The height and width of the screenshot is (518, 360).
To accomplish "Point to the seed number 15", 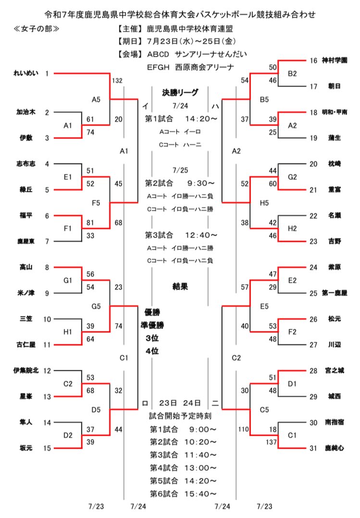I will tap(47, 448).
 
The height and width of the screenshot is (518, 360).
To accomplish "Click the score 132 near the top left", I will tap(117, 80).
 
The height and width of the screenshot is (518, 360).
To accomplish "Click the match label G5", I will tap(96, 306).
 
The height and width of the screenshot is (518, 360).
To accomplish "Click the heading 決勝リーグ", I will tap(180, 91).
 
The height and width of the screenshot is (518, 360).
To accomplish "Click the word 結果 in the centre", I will tap(180, 286).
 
